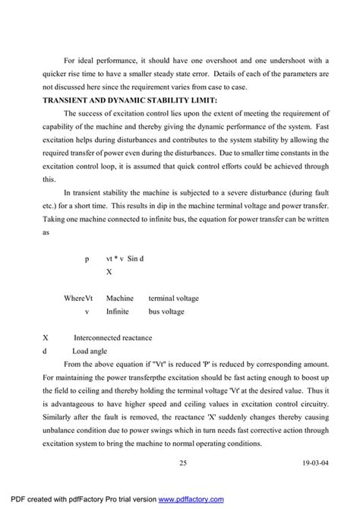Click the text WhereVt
79,299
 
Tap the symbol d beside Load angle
46,351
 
